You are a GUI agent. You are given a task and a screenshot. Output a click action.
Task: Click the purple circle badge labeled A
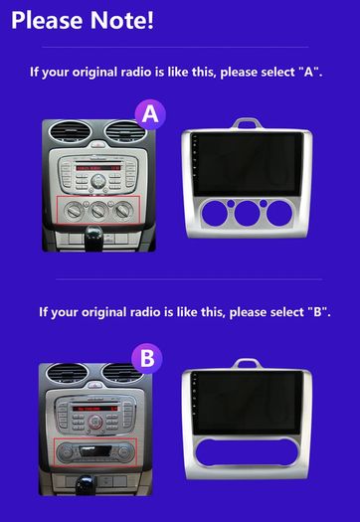coord(150,115)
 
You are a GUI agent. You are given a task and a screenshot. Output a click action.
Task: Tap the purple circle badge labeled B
coord(147,359)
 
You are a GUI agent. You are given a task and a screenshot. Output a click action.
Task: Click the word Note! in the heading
coord(122,20)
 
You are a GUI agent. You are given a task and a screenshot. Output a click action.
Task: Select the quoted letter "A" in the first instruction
coord(309,72)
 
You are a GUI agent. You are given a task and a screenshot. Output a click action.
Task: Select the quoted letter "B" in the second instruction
coord(319,312)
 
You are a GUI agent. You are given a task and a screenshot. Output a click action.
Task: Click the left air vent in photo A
coord(68,132)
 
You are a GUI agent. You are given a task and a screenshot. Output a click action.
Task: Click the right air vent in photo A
coord(125,131)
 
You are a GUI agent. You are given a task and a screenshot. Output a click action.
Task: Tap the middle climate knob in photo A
coord(98,211)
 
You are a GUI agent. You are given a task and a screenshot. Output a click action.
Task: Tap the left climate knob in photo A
coord(74,211)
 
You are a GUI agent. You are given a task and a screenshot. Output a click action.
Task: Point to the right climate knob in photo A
coord(123,210)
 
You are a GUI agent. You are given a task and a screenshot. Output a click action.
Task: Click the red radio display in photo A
coord(98,168)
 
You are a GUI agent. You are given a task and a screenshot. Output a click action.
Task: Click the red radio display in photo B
coord(94,408)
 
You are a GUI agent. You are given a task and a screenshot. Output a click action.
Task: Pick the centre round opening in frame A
coord(247,214)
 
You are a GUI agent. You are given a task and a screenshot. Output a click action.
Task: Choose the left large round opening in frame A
coord(215,214)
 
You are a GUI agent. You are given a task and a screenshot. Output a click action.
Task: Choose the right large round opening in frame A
coord(279,214)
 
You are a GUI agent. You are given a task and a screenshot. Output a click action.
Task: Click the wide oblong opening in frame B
coord(247,453)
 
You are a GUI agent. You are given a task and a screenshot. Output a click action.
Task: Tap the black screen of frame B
coord(247,403)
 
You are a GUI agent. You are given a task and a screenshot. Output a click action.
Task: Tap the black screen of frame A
coord(247,164)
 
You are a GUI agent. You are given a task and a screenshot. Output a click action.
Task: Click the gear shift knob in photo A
coord(93,237)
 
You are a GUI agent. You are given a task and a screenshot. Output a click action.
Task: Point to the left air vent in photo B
coord(67,373)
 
